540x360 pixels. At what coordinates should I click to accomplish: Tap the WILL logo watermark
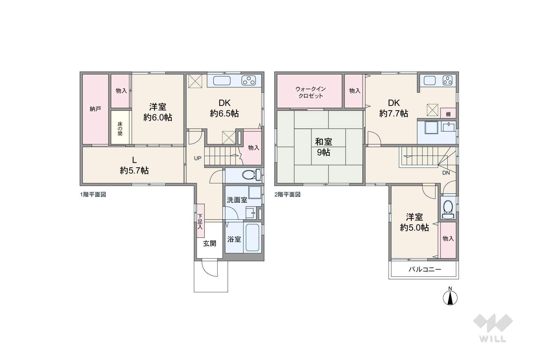[x=493, y=328]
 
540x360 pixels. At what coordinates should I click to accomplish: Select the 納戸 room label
[x=95, y=109]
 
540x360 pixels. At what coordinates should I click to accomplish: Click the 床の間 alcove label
[x=120, y=129]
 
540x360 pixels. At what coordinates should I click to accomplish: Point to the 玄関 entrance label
[x=210, y=243]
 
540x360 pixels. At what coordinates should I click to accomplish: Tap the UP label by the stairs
[x=198, y=158]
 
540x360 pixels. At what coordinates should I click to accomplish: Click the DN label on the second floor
[x=446, y=173]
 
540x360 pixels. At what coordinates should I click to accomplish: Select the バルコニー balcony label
[x=425, y=269]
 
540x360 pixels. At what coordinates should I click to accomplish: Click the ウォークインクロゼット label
[x=310, y=92]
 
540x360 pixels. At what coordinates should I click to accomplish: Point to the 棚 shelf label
[x=448, y=114]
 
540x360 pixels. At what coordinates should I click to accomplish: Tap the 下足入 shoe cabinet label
[x=200, y=221]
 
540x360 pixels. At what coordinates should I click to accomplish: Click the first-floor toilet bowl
[x=251, y=175]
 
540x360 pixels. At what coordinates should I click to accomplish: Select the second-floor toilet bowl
[x=448, y=209]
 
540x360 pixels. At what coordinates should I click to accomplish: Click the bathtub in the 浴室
[x=252, y=238]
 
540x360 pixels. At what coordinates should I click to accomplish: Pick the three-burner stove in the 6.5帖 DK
[x=248, y=80]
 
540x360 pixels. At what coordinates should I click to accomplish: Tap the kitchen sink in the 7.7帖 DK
[x=430, y=80]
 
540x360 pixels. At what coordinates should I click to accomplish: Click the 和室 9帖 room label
[x=324, y=147]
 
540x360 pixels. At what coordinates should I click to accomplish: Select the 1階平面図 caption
[x=93, y=194]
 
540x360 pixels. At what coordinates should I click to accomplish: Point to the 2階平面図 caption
[x=288, y=194]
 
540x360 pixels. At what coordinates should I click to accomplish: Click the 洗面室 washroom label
[x=237, y=200]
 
